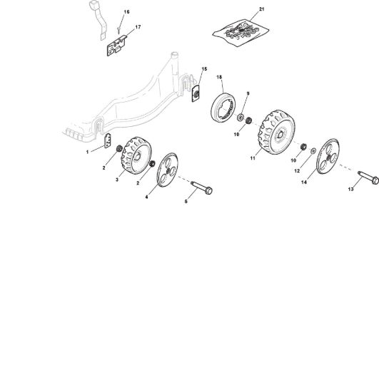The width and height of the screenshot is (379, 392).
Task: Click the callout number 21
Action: [262, 9]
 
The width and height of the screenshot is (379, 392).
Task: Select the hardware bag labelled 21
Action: [241, 32]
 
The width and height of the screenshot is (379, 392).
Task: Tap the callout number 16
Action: [126, 12]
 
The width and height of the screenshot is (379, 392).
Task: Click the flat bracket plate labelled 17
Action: [116, 46]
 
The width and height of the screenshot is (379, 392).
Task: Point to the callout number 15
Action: [204, 69]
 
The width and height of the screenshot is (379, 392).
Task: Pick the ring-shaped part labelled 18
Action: [223, 108]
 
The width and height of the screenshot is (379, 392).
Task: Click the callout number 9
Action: [248, 93]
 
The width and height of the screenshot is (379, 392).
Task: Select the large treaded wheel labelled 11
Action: [276, 132]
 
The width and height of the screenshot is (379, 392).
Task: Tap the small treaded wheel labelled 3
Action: [136, 155]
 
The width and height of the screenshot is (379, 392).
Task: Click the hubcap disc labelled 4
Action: [167, 170]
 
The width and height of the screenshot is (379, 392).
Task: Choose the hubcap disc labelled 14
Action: [328, 156]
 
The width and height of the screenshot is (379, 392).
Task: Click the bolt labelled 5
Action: [201, 187]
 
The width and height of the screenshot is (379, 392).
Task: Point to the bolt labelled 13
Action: [368, 177]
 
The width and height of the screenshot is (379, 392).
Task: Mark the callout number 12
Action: [297, 171]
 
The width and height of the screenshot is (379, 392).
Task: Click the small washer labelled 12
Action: [313, 151]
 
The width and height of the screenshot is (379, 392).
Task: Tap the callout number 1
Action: [87, 152]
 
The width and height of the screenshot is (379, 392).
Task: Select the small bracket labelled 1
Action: [108, 140]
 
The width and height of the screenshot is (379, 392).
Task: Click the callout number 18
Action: [219, 77]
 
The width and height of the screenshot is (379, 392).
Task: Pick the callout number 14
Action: [304, 182]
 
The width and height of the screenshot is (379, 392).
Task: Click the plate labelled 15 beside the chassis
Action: [196, 93]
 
